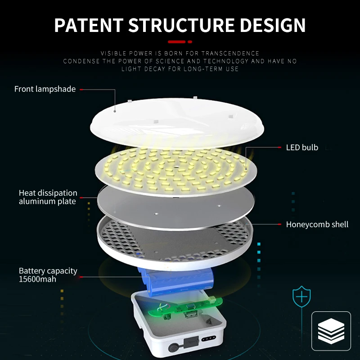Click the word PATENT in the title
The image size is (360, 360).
[88, 25]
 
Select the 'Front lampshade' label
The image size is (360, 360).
[45, 89]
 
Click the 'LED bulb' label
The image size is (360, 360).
[302, 148]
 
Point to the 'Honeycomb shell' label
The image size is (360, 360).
[317, 224]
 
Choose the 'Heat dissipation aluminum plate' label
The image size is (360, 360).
[48, 197]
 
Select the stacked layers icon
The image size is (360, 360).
[331, 331]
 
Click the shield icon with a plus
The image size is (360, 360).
[302, 297]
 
